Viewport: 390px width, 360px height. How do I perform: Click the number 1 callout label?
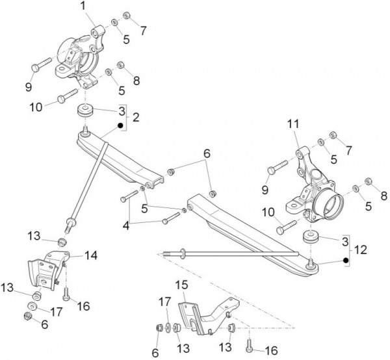84,6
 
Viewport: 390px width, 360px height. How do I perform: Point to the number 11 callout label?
293,123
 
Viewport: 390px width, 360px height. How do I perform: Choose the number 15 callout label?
182,285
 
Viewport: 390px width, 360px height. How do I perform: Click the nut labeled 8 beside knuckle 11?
368,181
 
